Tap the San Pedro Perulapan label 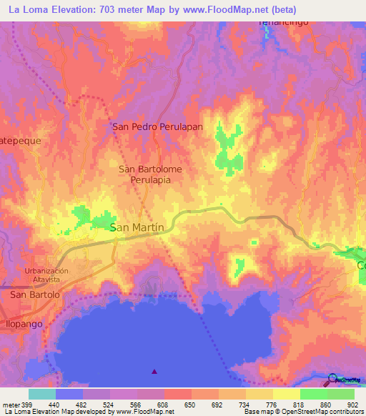[158, 127]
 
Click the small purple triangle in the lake [155, 372]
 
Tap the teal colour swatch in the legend [41, 394]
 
